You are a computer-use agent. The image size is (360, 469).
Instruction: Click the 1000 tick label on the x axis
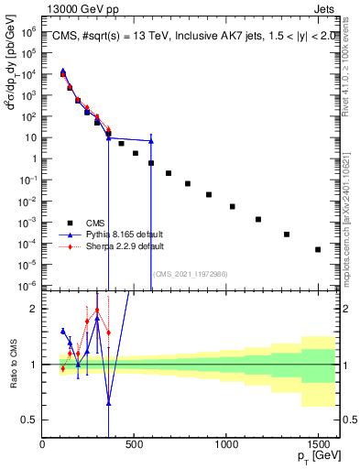(x=225, y=444)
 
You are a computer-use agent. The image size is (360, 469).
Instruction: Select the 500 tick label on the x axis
(x=134, y=444)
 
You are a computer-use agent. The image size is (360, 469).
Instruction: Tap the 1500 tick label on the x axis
(x=317, y=444)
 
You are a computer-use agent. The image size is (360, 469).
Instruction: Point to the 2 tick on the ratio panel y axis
(x=33, y=309)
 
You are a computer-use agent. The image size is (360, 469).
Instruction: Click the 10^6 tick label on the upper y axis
(x=27, y=31)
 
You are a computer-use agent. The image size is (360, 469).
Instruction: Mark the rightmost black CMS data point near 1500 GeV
(x=318, y=249)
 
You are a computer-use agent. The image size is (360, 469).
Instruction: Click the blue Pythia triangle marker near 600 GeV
(x=151, y=141)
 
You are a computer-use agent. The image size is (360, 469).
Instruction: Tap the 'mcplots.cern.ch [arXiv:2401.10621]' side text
(x=351, y=212)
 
